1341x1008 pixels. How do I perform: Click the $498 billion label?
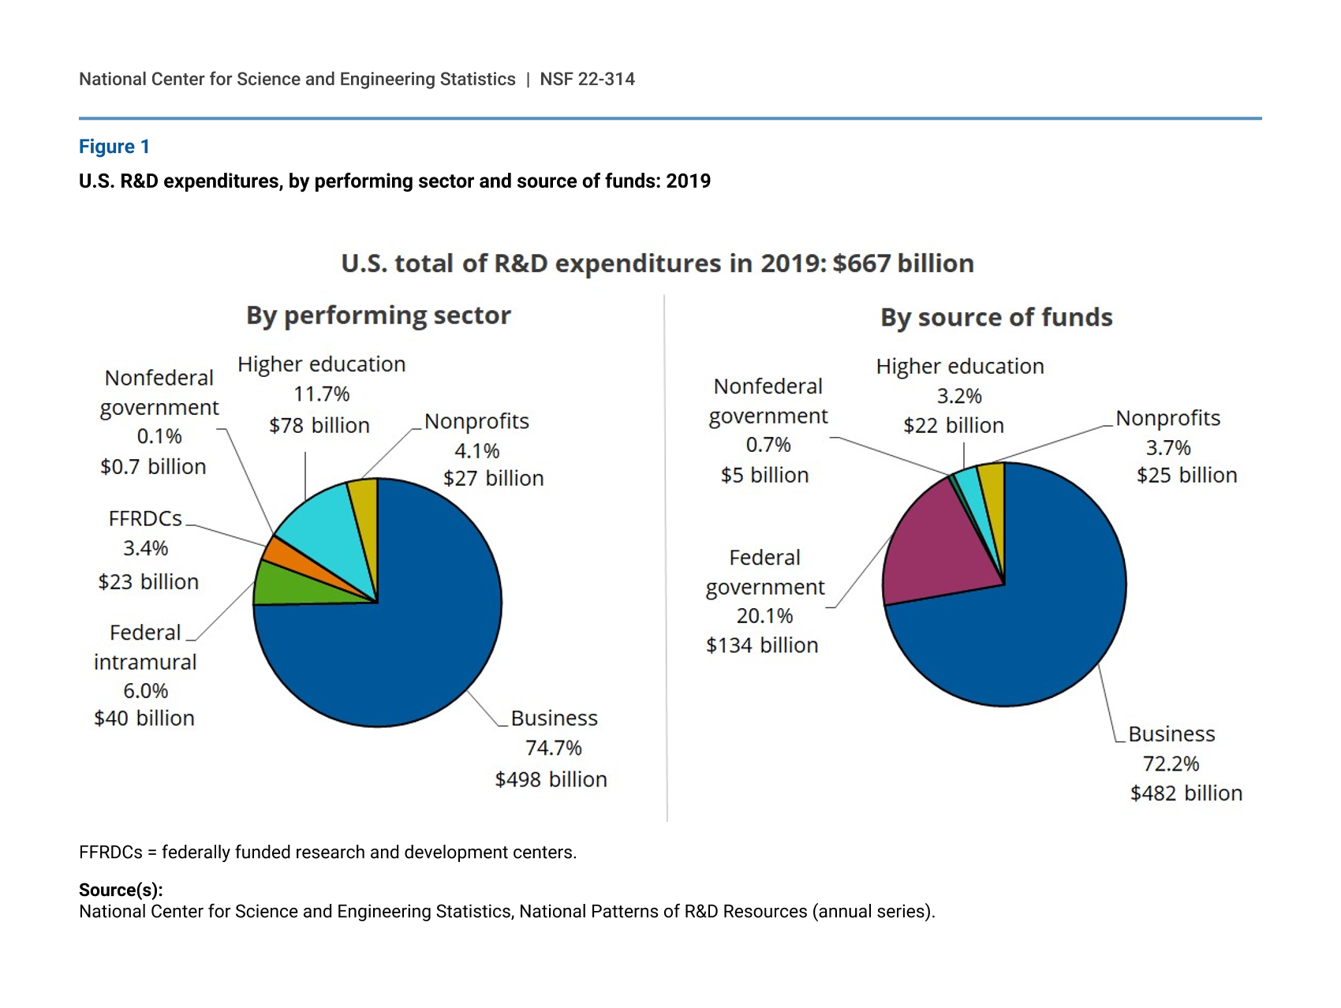point(551,779)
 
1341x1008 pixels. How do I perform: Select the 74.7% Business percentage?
point(554,748)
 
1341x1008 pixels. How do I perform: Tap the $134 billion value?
point(762,645)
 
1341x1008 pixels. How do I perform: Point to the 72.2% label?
point(1171,763)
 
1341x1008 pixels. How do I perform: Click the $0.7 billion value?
point(153,467)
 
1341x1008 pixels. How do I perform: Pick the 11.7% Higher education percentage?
point(321,394)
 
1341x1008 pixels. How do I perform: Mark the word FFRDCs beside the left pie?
point(145,518)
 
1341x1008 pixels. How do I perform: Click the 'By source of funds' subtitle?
point(996,317)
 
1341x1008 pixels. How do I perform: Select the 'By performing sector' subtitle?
point(379,315)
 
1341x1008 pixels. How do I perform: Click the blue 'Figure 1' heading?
point(114,147)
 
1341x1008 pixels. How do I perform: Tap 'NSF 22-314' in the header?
point(587,79)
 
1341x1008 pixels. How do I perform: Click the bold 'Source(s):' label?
point(121,890)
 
